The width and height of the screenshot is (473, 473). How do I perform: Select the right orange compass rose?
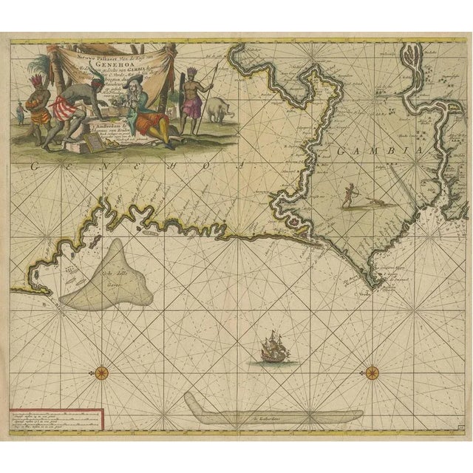pyautogui.click(x=372, y=367)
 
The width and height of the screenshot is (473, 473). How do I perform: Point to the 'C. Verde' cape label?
pyautogui.click(x=362, y=289)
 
